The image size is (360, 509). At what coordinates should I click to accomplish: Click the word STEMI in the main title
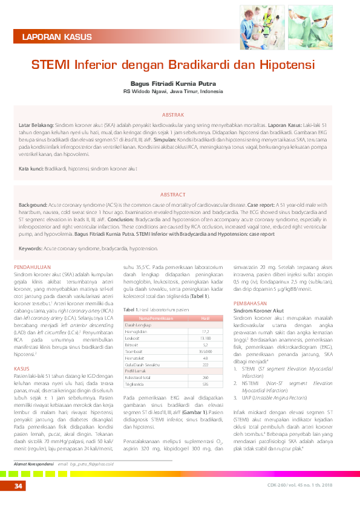click(51, 63)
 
